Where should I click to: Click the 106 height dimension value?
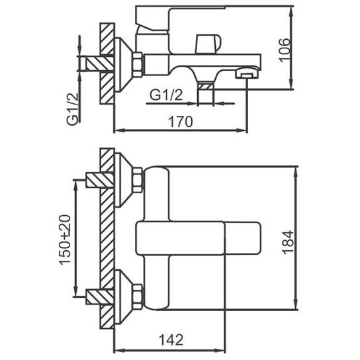[285, 50]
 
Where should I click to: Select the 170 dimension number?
[181, 122]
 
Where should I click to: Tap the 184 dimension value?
[288, 242]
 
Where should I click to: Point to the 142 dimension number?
[171, 339]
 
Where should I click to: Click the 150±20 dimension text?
[66, 240]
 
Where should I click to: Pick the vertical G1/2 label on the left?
[73, 109]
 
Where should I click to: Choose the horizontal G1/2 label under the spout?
[166, 95]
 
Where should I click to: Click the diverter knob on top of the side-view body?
[208, 44]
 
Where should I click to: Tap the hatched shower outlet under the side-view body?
[206, 87]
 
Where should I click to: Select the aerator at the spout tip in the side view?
[247, 73]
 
